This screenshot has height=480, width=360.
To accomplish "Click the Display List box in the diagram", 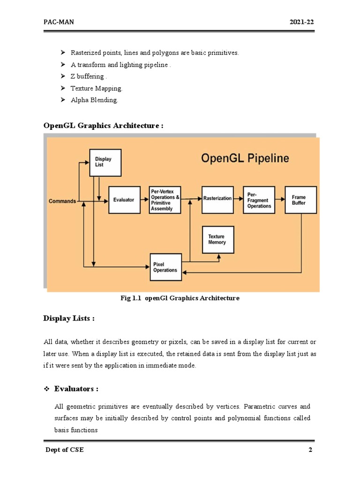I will tap(105, 162).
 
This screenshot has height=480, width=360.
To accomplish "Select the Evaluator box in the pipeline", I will tap(124, 200).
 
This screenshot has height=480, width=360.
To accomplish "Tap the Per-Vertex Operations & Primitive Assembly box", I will tap(165, 200).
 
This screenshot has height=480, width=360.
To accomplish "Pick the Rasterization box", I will tap(217, 199).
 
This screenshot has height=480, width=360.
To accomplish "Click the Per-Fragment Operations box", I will tap(259, 200).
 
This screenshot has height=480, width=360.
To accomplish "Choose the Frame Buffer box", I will tap(300, 200).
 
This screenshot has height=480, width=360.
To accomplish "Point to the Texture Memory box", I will tap(217, 240).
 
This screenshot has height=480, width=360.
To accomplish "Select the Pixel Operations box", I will tap(165, 267).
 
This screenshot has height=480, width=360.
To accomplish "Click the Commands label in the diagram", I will tap(62, 201).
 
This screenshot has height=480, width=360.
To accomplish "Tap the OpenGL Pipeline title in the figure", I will tap(245, 158).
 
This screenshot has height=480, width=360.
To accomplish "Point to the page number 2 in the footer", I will tap(310, 450).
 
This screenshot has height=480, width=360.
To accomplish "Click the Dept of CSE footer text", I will tap(65, 450).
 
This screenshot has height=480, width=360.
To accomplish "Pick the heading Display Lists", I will tap(69, 319).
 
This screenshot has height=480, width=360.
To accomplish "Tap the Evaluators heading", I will tap(76, 389).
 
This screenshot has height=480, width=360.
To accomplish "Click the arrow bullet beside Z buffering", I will tap(63, 76).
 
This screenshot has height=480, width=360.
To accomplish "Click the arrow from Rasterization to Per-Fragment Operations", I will tap(238, 199).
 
